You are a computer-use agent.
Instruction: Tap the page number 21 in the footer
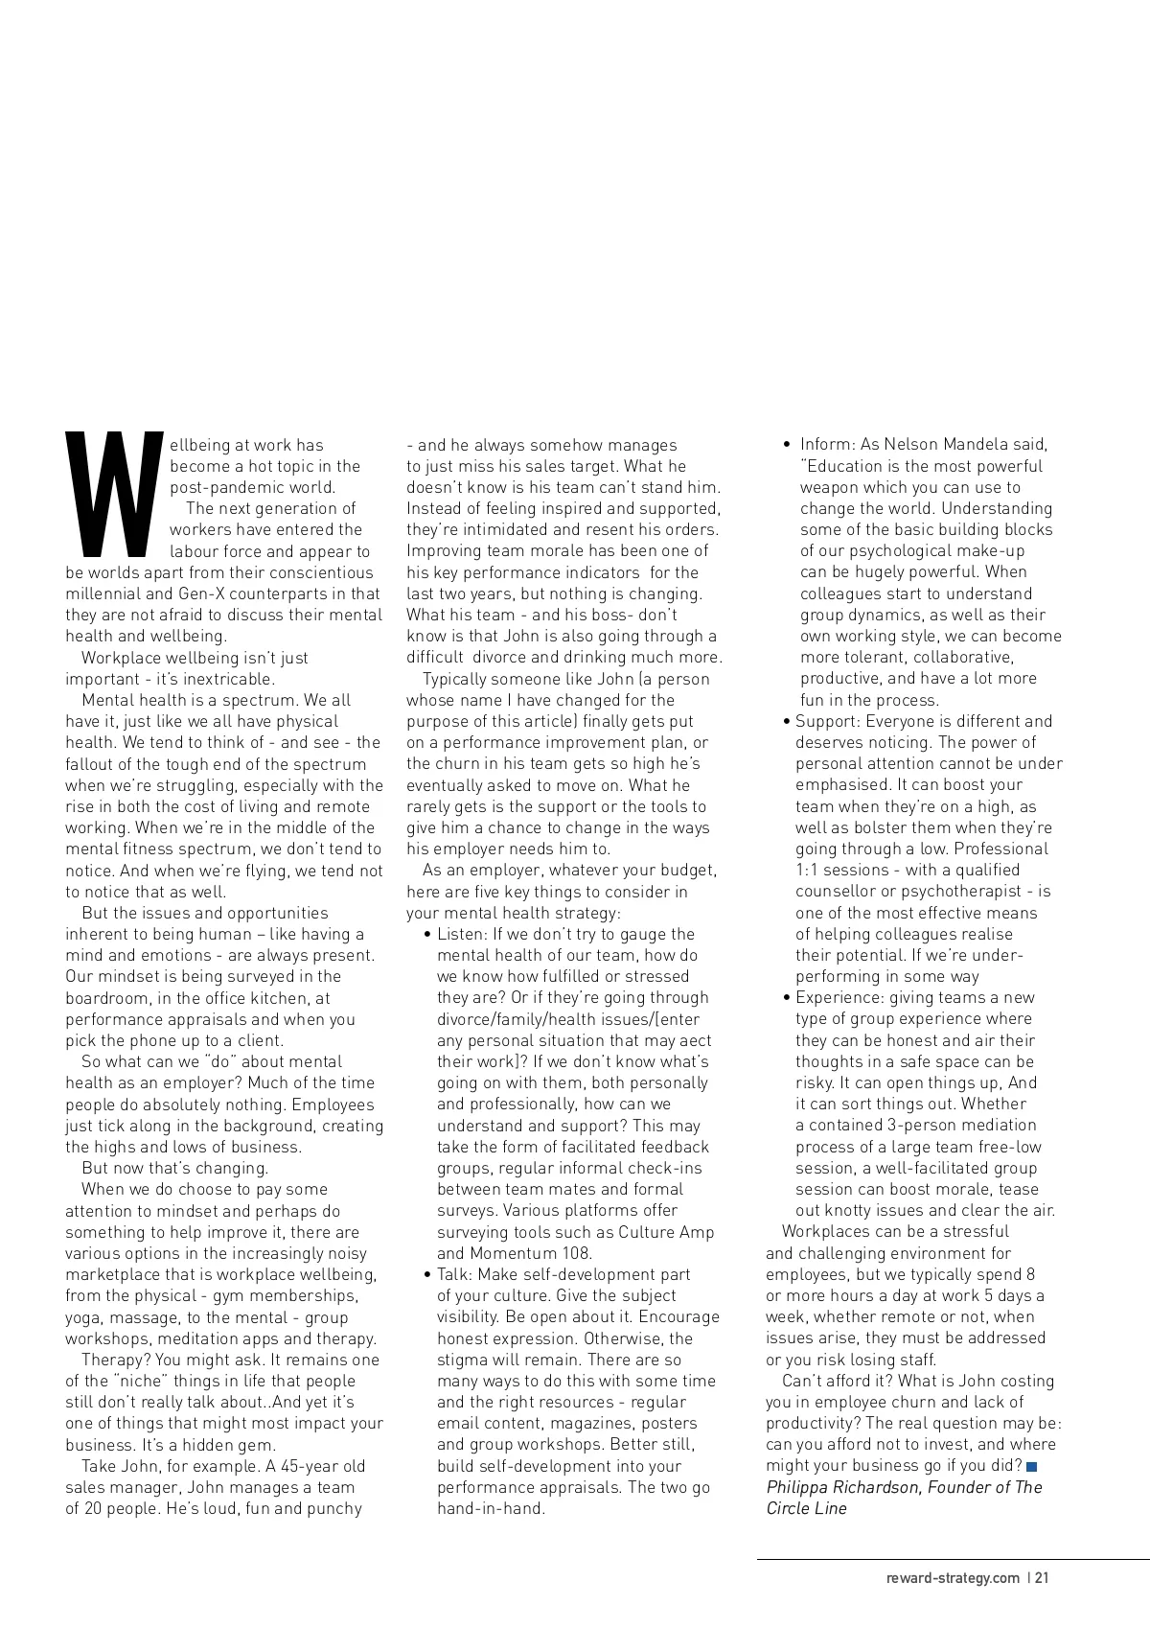[x=1042, y=1578]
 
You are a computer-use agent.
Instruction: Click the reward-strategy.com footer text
[x=953, y=1578]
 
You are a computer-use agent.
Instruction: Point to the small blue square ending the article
[x=1031, y=1467]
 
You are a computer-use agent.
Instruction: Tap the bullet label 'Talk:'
[x=454, y=1274]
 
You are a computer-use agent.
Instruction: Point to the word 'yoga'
[x=82, y=1317]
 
